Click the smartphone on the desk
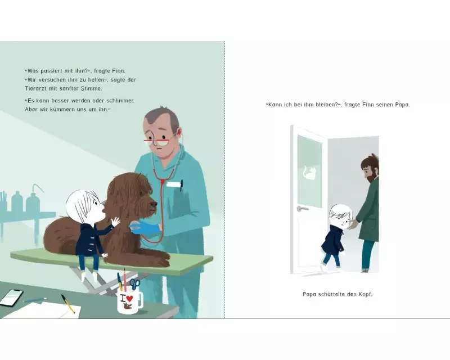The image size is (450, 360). point(12,297)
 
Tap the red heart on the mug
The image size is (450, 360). point(129,298)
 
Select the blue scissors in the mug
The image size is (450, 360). point(134,283)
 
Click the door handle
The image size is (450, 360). point(303,209)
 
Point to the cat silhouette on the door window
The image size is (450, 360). point(309,172)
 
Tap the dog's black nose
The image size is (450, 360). point(154,204)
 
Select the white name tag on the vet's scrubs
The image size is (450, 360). point(173,184)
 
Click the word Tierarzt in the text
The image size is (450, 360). point(35,88)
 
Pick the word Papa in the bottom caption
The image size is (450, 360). point(309,294)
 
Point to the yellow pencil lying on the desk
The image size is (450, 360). point(67,303)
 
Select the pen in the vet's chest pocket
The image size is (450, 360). point(181,186)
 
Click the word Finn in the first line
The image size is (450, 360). point(119,71)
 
